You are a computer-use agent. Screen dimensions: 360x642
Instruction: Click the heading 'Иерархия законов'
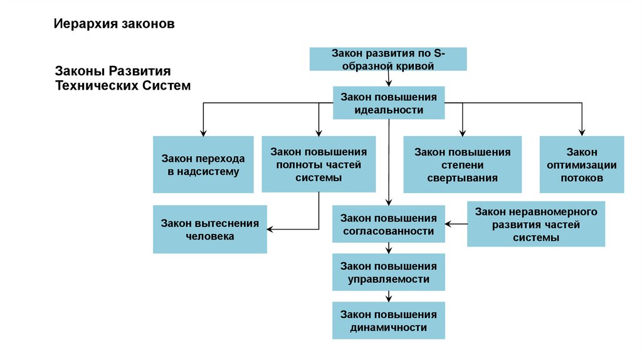tap(113, 24)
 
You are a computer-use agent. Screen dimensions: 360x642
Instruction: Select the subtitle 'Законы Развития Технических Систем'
tap(123, 78)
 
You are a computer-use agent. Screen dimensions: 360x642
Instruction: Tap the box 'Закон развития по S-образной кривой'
tap(388, 60)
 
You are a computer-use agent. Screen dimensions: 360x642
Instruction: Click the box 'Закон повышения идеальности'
tap(389, 103)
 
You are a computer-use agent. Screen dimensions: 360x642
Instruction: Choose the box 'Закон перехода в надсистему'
tap(203, 164)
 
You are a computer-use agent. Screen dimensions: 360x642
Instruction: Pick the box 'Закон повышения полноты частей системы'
tap(318, 164)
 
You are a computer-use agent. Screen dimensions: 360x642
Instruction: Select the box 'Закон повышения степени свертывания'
tap(462, 164)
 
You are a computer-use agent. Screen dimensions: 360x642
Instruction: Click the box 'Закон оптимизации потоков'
tap(582, 164)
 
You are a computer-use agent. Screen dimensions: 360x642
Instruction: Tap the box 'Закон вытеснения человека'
tap(209, 229)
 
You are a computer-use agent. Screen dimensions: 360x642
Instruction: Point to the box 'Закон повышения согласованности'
tap(388, 225)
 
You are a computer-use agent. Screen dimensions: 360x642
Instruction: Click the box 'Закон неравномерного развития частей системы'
tap(536, 224)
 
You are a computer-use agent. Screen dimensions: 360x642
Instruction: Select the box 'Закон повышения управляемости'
tap(389, 272)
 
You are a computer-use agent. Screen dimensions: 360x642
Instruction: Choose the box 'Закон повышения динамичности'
tap(389, 320)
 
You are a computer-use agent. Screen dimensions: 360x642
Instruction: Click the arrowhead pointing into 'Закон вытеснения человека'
tap(271, 230)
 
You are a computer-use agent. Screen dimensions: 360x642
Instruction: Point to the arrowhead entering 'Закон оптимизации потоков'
tap(582, 132)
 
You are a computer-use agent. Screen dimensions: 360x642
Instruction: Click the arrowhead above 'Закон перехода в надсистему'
tap(203, 132)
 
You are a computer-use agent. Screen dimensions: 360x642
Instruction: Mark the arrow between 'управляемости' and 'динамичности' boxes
tap(389, 297)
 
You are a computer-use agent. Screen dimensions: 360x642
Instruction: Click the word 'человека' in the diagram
tap(209, 236)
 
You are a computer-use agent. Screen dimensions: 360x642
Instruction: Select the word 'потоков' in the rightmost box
tap(582, 178)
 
